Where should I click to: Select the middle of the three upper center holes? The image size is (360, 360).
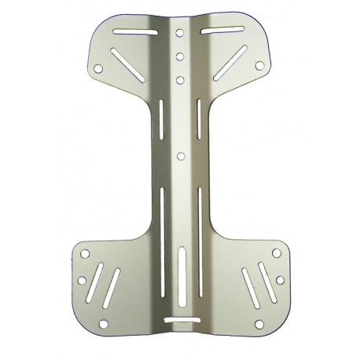point(180,57)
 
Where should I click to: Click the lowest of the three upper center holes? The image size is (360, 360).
point(180,79)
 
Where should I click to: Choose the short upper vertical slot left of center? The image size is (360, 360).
point(163,119)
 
